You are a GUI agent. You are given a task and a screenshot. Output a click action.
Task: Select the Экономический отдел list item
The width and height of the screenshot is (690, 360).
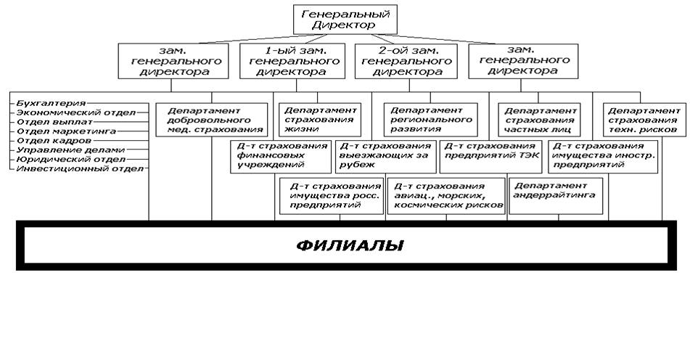pyautogui.click(x=66, y=113)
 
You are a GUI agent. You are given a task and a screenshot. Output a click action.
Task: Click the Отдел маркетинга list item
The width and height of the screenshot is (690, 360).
pyautogui.click(x=65, y=131)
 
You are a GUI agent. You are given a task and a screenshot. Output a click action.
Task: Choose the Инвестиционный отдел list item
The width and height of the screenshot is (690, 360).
pyautogui.click(x=80, y=168)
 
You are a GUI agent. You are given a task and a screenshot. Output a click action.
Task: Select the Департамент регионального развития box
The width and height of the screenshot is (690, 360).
pyautogui.click(x=429, y=119)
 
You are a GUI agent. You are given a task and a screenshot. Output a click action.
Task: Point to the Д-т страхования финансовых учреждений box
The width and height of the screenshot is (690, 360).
pyautogui.click(x=279, y=156)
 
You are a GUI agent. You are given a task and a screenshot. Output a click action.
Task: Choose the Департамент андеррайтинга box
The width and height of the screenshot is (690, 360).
pyautogui.click(x=556, y=195)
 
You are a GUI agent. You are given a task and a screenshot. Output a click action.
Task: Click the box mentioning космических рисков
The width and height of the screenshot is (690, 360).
pyautogui.click(x=447, y=195)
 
